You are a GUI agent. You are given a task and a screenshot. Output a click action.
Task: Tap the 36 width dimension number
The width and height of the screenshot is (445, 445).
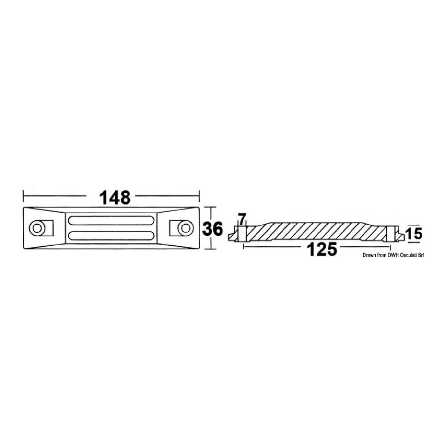(212, 228)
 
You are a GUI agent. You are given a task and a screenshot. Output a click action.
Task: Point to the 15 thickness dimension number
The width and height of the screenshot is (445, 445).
(415, 233)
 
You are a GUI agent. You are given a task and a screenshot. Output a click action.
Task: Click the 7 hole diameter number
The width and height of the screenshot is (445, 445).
(241, 219)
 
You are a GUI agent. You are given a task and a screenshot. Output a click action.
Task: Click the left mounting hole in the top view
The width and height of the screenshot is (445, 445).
(37, 228)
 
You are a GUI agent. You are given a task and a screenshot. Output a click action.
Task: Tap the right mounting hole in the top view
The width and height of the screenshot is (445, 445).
(184, 228)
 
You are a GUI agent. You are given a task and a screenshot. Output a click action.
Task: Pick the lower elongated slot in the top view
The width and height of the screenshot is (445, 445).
(111, 235)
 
